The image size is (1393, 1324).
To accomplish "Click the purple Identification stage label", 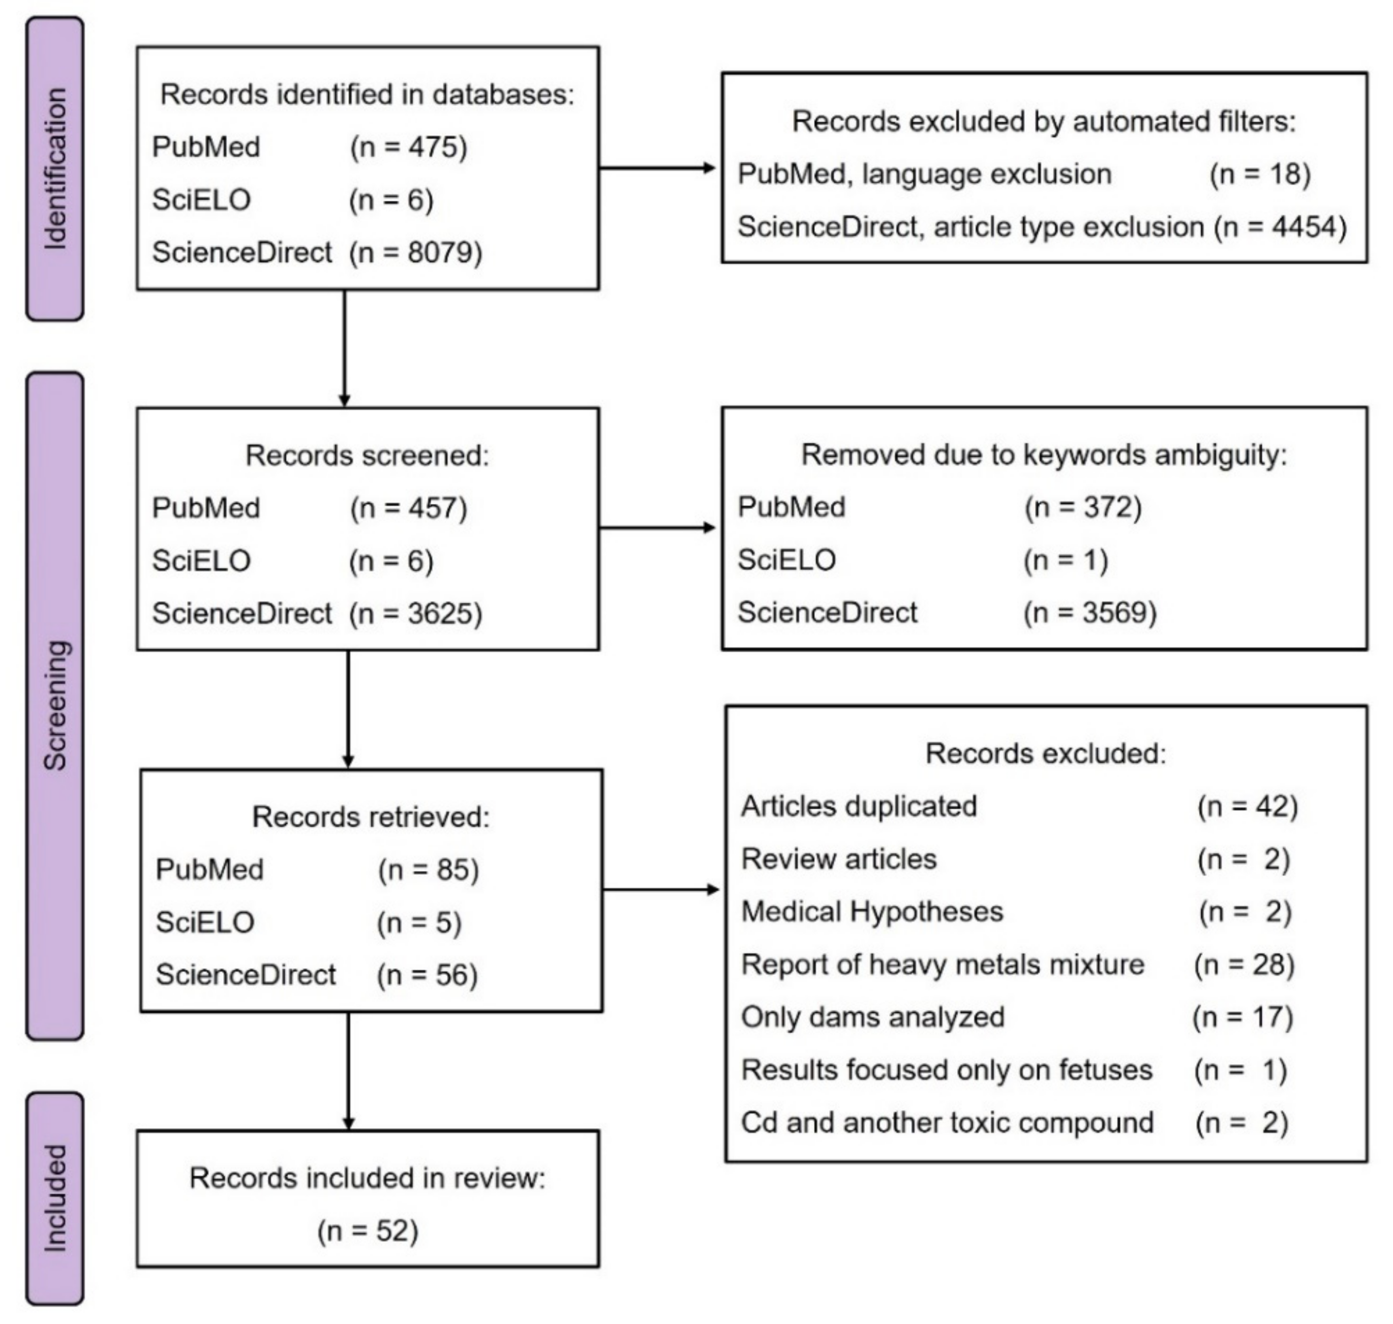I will pyautogui.click(x=55, y=169).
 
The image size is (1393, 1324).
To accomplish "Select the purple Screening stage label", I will pyautogui.click(x=55, y=706).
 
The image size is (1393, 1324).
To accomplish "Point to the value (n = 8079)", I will pyautogui.click(x=415, y=252).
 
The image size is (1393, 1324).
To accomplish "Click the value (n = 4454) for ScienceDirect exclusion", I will pyautogui.click(x=1280, y=227).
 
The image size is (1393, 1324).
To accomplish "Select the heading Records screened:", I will pyautogui.click(x=367, y=455).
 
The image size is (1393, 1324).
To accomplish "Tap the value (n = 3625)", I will pyautogui.click(x=415, y=613).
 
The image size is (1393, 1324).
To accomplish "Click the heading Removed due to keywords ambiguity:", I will pyautogui.click(x=1044, y=455).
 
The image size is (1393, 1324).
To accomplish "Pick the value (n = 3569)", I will pyautogui.click(x=1089, y=612).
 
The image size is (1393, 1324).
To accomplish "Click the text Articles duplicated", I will pyautogui.click(x=859, y=805).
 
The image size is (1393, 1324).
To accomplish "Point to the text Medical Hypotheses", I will pyautogui.click(x=871, y=911).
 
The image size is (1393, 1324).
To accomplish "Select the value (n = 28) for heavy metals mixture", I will pyautogui.click(x=1244, y=964).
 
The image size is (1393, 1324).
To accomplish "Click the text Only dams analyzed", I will pyautogui.click(x=872, y=1017).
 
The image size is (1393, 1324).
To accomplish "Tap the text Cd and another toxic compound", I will pyautogui.click(x=947, y=1122).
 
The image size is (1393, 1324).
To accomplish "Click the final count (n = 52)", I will pyautogui.click(x=368, y=1231).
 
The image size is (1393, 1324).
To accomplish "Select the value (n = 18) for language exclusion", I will pyautogui.click(x=1260, y=173).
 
